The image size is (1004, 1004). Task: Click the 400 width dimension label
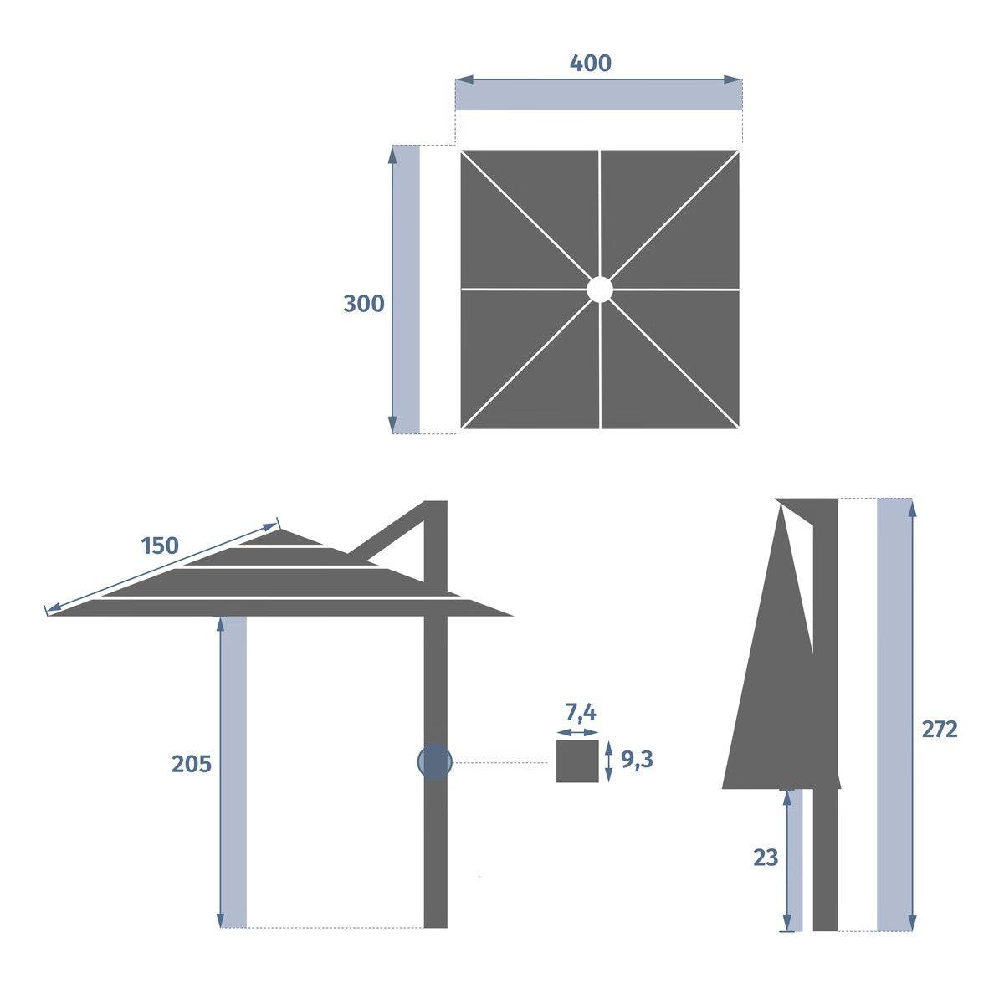(590, 63)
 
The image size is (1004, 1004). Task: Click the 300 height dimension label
(364, 303)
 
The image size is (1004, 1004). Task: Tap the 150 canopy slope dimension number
(160, 546)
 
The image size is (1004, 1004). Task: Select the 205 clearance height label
(192, 764)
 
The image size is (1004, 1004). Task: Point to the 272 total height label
(940, 730)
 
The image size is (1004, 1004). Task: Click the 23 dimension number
(766, 858)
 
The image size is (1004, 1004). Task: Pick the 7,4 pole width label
(581, 713)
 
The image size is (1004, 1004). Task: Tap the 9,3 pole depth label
(637, 760)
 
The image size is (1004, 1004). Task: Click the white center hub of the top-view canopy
(599, 289)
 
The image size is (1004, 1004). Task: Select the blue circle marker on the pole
(435, 762)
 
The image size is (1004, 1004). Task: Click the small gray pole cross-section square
(577, 761)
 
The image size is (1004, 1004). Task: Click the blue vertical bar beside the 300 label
(407, 289)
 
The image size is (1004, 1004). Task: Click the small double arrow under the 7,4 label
(578, 732)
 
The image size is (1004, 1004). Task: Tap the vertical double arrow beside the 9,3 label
(609, 761)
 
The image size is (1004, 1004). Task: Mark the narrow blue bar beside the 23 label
(796, 860)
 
